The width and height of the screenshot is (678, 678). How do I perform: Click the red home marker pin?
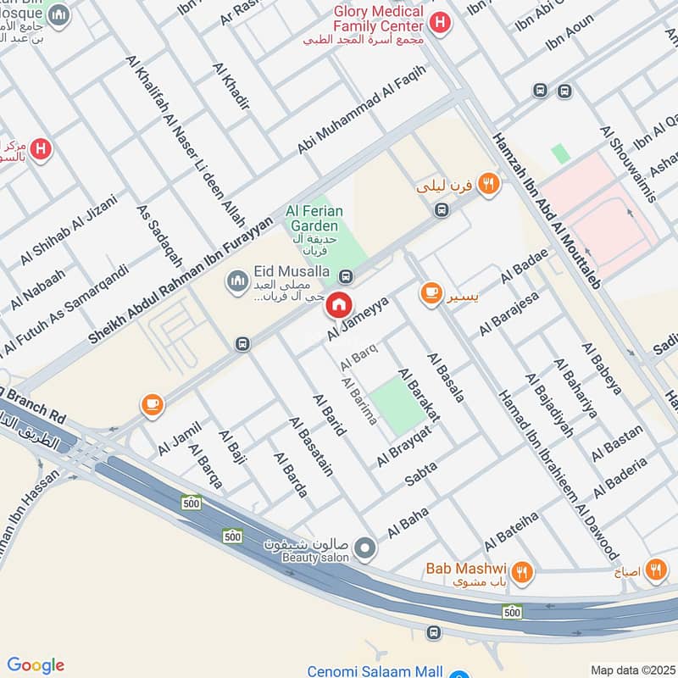tap(339, 306)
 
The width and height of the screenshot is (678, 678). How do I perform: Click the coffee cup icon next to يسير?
tap(431, 293)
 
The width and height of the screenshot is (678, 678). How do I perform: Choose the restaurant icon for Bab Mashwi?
tap(522, 572)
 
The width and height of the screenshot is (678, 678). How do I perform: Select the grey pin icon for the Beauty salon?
tap(364, 550)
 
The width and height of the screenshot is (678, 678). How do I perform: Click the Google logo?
tap(36, 665)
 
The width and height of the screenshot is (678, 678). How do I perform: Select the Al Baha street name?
tap(408, 522)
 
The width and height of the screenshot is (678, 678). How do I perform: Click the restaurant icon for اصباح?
tap(655, 570)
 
